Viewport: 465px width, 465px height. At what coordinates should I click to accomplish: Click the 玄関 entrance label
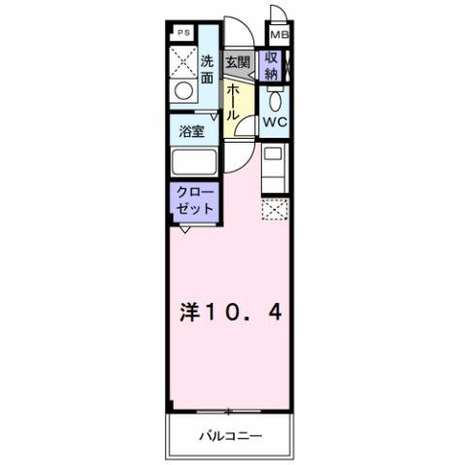click(x=238, y=61)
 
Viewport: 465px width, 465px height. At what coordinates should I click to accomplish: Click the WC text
click(x=274, y=122)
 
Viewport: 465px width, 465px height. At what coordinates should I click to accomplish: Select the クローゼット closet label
click(x=190, y=201)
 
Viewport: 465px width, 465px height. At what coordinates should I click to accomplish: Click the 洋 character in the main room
click(x=190, y=313)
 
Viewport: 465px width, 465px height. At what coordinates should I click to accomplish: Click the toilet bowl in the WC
click(x=274, y=100)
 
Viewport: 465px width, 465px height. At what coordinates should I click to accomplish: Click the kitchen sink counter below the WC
click(x=273, y=171)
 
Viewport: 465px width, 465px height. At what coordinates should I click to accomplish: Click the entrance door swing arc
click(x=241, y=33)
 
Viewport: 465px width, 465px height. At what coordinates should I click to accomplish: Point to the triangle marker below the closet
click(x=185, y=229)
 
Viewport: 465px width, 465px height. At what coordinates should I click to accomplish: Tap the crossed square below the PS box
click(x=181, y=61)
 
